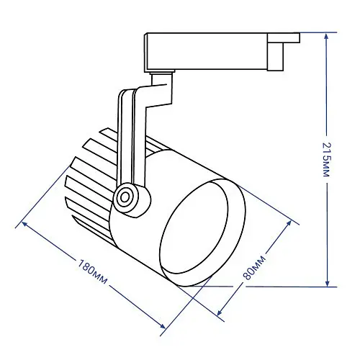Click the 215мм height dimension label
326,160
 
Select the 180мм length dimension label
92,271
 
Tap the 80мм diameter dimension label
254,267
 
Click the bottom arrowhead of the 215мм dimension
327,283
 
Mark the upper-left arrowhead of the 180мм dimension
24,224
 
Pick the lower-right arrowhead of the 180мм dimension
163,326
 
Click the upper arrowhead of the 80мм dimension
289,222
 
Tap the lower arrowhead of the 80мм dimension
220,312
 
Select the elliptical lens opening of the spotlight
194,228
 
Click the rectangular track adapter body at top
207,52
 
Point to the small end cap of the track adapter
283,52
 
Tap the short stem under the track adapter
161,78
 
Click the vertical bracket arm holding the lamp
131,137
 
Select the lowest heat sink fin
92,227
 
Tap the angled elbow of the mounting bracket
156,95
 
